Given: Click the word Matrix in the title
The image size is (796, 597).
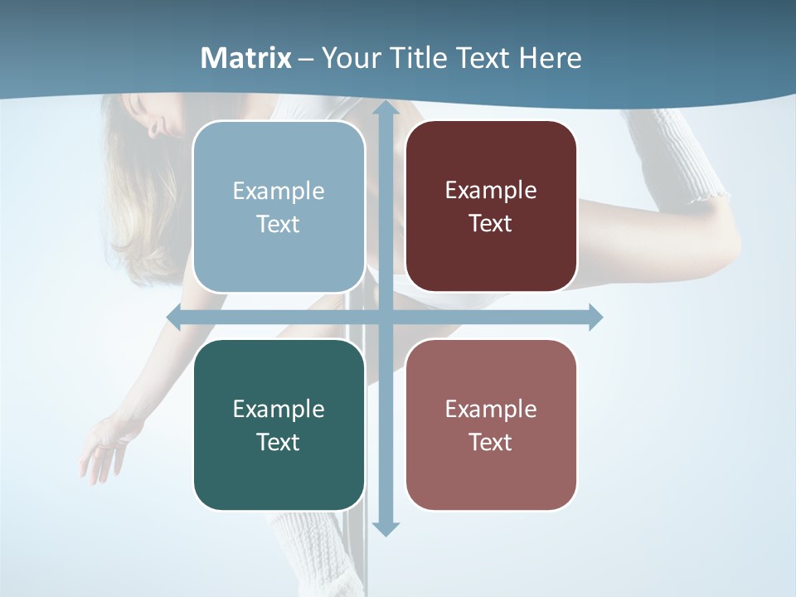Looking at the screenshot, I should (x=246, y=58).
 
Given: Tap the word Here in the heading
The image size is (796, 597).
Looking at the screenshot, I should (x=550, y=58).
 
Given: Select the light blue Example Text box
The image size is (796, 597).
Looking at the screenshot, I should (x=279, y=207).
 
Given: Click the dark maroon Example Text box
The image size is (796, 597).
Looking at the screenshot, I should (x=491, y=206).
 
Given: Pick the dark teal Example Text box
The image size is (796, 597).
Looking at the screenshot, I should (x=279, y=425).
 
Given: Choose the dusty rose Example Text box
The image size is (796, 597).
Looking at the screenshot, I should (x=491, y=425).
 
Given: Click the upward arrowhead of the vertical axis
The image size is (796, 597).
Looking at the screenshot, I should (x=385, y=109).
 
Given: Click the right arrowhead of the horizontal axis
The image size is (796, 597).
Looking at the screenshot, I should (x=595, y=318).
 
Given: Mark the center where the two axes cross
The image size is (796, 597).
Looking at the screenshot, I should (x=385, y=318).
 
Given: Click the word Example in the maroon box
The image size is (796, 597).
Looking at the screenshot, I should (x=491, y=191).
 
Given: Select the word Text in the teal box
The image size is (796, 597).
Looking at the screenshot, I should (x=278, y=442).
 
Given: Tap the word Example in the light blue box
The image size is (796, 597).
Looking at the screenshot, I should (x=279, y=192).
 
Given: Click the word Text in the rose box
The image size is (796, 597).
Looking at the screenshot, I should (x=490, y=442).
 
